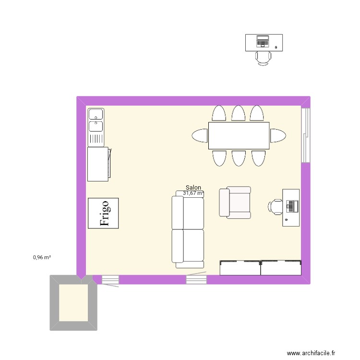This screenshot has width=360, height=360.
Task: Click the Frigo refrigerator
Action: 103,213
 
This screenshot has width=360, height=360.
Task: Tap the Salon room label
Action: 193,188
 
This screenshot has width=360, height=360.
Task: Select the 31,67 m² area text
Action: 193,193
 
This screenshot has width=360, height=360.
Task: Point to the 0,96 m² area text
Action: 42,257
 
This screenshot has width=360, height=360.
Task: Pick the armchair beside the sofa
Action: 235,202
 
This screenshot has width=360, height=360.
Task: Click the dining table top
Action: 239,135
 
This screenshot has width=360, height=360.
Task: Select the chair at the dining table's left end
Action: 199,135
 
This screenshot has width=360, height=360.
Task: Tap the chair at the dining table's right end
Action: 277,135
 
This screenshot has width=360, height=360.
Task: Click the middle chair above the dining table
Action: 238,113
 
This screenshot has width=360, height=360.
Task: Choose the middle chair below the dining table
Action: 239,158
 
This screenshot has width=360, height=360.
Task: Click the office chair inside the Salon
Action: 276,206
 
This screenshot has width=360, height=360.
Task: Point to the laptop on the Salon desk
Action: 292,206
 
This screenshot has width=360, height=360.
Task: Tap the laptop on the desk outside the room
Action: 263,41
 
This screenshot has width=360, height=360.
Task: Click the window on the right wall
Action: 305,135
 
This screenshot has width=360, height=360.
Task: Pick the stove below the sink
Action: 98,164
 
